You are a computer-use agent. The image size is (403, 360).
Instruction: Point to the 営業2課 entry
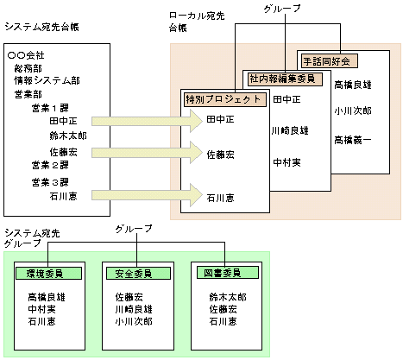49,164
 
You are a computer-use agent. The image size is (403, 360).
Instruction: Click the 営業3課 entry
49,181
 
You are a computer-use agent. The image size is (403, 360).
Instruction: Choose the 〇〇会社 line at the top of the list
26,55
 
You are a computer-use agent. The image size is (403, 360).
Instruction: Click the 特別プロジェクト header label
223,100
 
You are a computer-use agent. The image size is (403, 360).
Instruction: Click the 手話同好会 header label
331,61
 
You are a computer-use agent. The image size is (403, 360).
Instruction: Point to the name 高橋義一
353,138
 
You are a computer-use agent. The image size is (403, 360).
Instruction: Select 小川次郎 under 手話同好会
353,111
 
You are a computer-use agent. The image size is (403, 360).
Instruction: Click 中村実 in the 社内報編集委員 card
287,161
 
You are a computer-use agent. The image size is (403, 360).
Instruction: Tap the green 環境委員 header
48,273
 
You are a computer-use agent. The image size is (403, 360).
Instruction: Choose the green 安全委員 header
134,273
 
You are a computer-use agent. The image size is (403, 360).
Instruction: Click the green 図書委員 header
223,273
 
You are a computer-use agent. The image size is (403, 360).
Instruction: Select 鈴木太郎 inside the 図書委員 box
228,296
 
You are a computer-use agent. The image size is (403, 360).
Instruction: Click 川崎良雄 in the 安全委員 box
134,308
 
